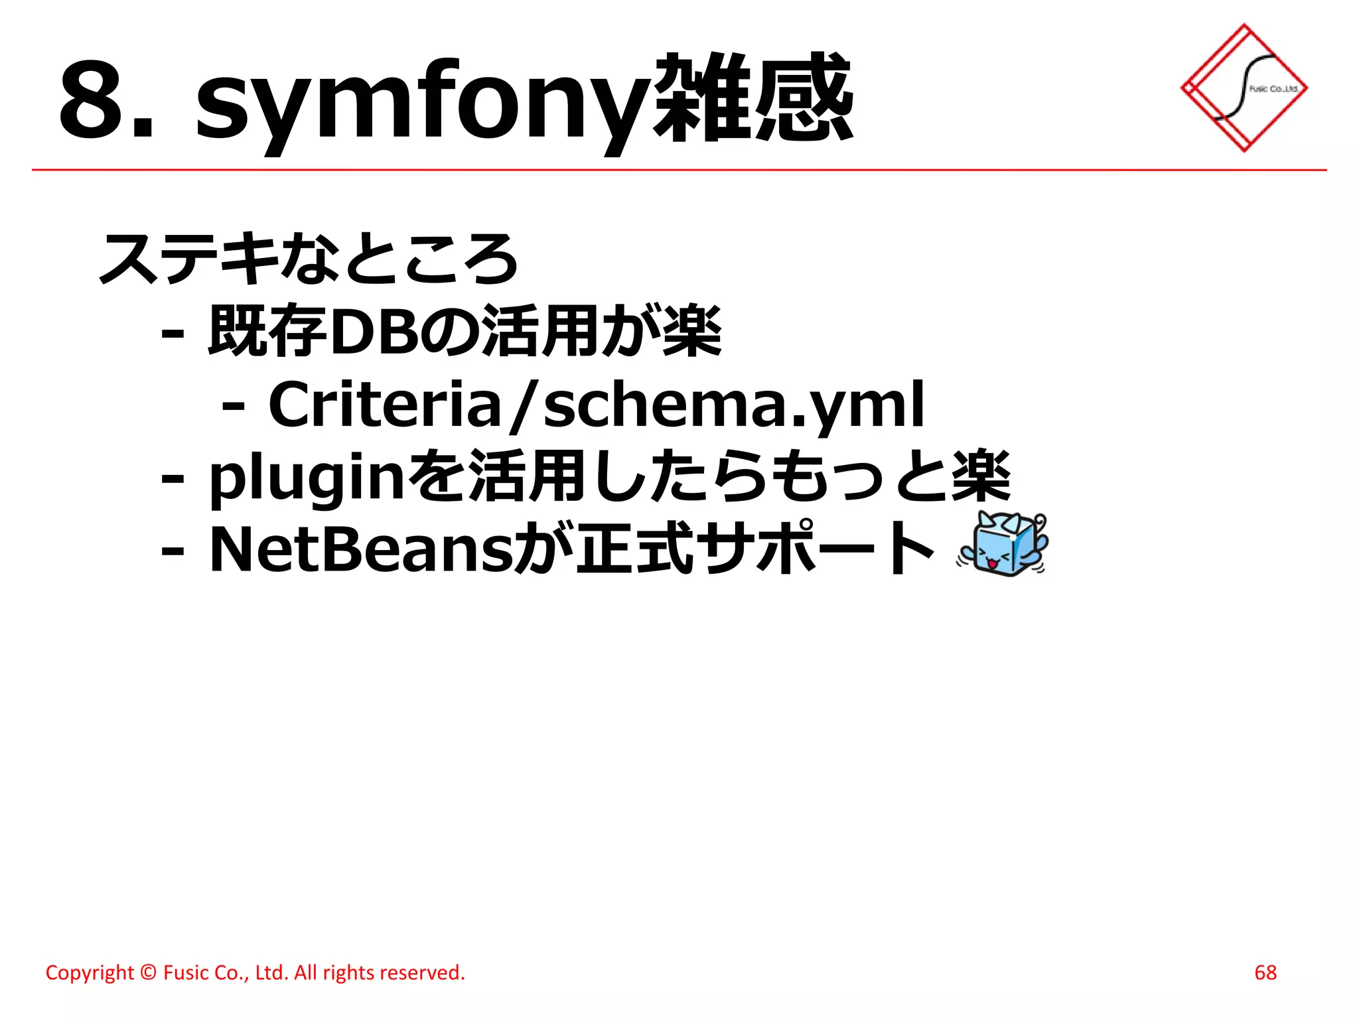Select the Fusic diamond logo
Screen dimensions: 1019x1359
[x=1244, y=88]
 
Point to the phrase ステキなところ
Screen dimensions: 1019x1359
[x=308, y=259]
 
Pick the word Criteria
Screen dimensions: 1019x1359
[x=384, y=405]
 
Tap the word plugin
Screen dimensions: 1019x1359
[x=306, y=478]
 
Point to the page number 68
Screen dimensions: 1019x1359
[x=1265, y=973]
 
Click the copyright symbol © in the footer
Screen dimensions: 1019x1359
[x=149, y=973]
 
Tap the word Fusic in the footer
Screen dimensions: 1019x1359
[x=185, y=973]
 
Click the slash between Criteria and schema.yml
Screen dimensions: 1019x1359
[x=522, y=405]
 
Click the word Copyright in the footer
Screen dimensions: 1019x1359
[x=90, y=973]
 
